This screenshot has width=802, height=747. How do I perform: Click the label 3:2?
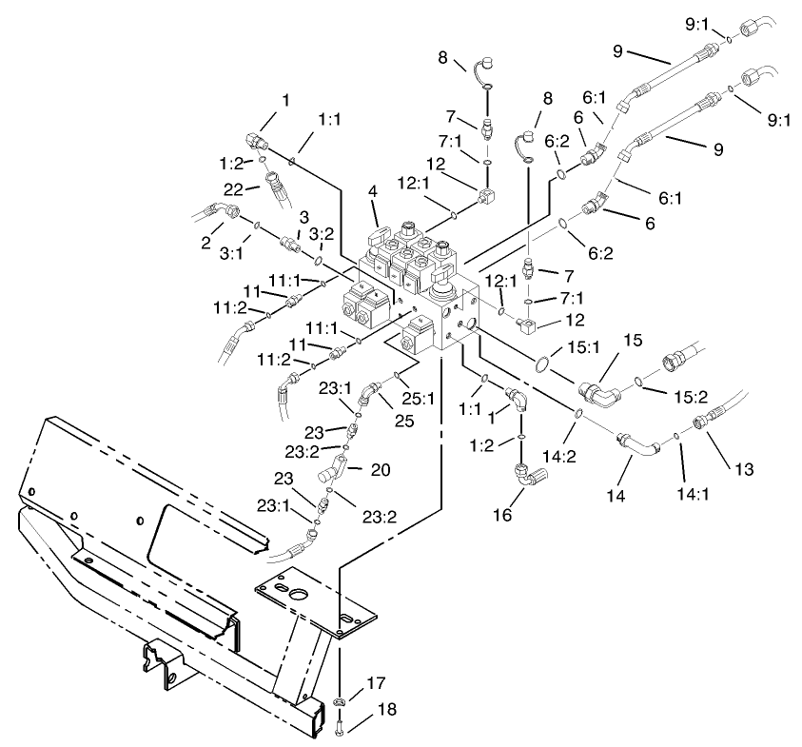[323, 233]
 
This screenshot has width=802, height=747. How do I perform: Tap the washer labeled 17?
[340, 703]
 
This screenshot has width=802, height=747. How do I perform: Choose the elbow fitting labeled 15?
[598, 387]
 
